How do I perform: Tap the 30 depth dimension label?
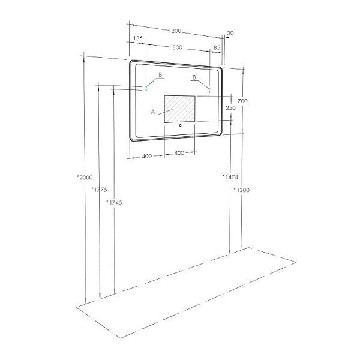click(x=230, y=34)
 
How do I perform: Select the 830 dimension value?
click(x=176, y=47)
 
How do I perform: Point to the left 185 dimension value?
click(x=138, y=38)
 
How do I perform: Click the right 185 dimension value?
click(x=215, y=47)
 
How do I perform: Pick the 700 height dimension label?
click(x=242, y=102)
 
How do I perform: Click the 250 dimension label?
click(x=230, y=108)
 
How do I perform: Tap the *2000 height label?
click(x=85, y=178)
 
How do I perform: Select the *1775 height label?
click(x=99, y=190)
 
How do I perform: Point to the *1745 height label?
click(x=114, y=203)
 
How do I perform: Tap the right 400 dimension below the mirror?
click(x=179, y=154)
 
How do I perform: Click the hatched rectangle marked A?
click(x=180, y=110)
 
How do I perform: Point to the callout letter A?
click(x=153, y=112)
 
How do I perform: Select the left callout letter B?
click(x=160, y=75)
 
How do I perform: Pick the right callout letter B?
click(x=194, y=78)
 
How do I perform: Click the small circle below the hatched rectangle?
click(x=180, y=126)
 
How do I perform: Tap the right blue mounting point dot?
click(x=209, y=91)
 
